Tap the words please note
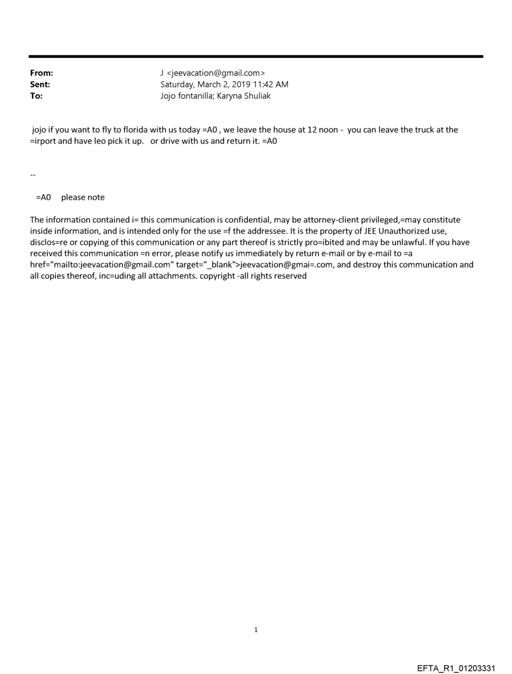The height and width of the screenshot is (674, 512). [x=83, y=197]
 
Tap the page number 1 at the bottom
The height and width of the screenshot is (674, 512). [x=256, y=629]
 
